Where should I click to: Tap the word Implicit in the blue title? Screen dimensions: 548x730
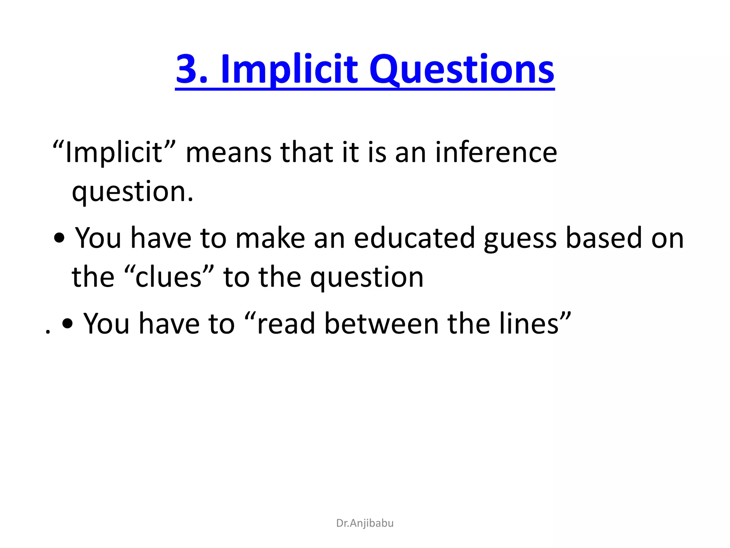(x=289, y=70)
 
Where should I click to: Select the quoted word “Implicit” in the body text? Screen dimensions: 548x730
(x=114, y=153)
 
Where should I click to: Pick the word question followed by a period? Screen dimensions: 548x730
(x=132, y=192)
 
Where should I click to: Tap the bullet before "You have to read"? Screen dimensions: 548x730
(x=67, y=324)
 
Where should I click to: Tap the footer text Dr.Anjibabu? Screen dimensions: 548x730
(x=365, y=523)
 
